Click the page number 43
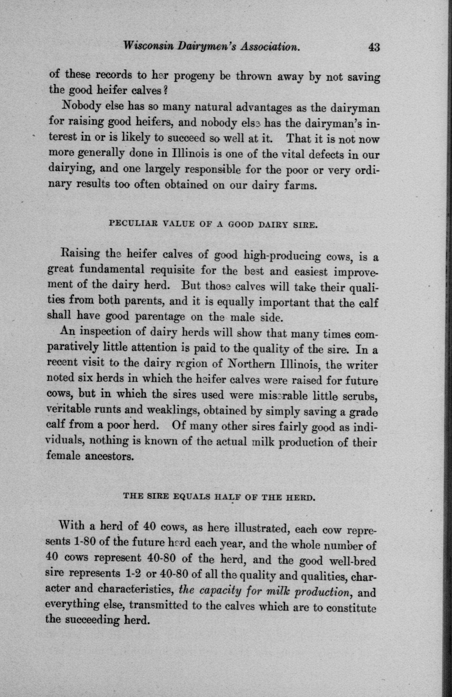coord(371,47)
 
